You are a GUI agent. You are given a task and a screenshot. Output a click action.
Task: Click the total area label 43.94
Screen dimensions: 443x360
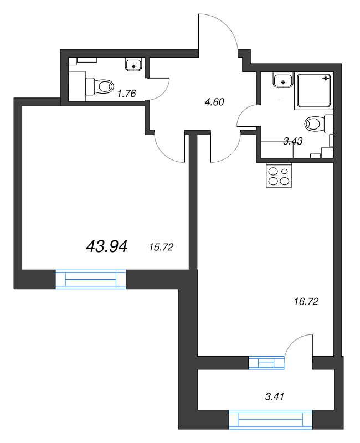click(x=107, y=246)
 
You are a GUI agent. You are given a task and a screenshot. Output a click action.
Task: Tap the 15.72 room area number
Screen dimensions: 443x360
click(x=162, y=247)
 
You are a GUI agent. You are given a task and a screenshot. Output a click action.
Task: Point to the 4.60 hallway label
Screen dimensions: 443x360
click(x=214, y=102)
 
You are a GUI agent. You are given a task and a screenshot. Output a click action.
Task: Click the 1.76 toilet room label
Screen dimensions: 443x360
click(x=126, y=93)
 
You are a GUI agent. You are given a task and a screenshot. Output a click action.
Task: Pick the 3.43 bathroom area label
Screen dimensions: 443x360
click(x=292, y=141)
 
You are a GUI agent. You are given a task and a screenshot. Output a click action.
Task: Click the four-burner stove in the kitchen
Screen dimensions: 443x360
click(x=278, y=176)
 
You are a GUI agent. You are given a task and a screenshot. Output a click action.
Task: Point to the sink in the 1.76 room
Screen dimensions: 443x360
click(x=133, y=65)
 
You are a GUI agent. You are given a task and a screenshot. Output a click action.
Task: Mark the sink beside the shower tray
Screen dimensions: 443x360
click(x=284, y=81)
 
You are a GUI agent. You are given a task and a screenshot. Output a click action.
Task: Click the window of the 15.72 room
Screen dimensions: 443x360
click(x=91, y=279)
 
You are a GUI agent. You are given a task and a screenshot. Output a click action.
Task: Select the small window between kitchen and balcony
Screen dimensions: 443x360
click(x=266, y=363)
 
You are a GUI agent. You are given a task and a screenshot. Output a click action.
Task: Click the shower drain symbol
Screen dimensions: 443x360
click(x=326, y=78)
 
